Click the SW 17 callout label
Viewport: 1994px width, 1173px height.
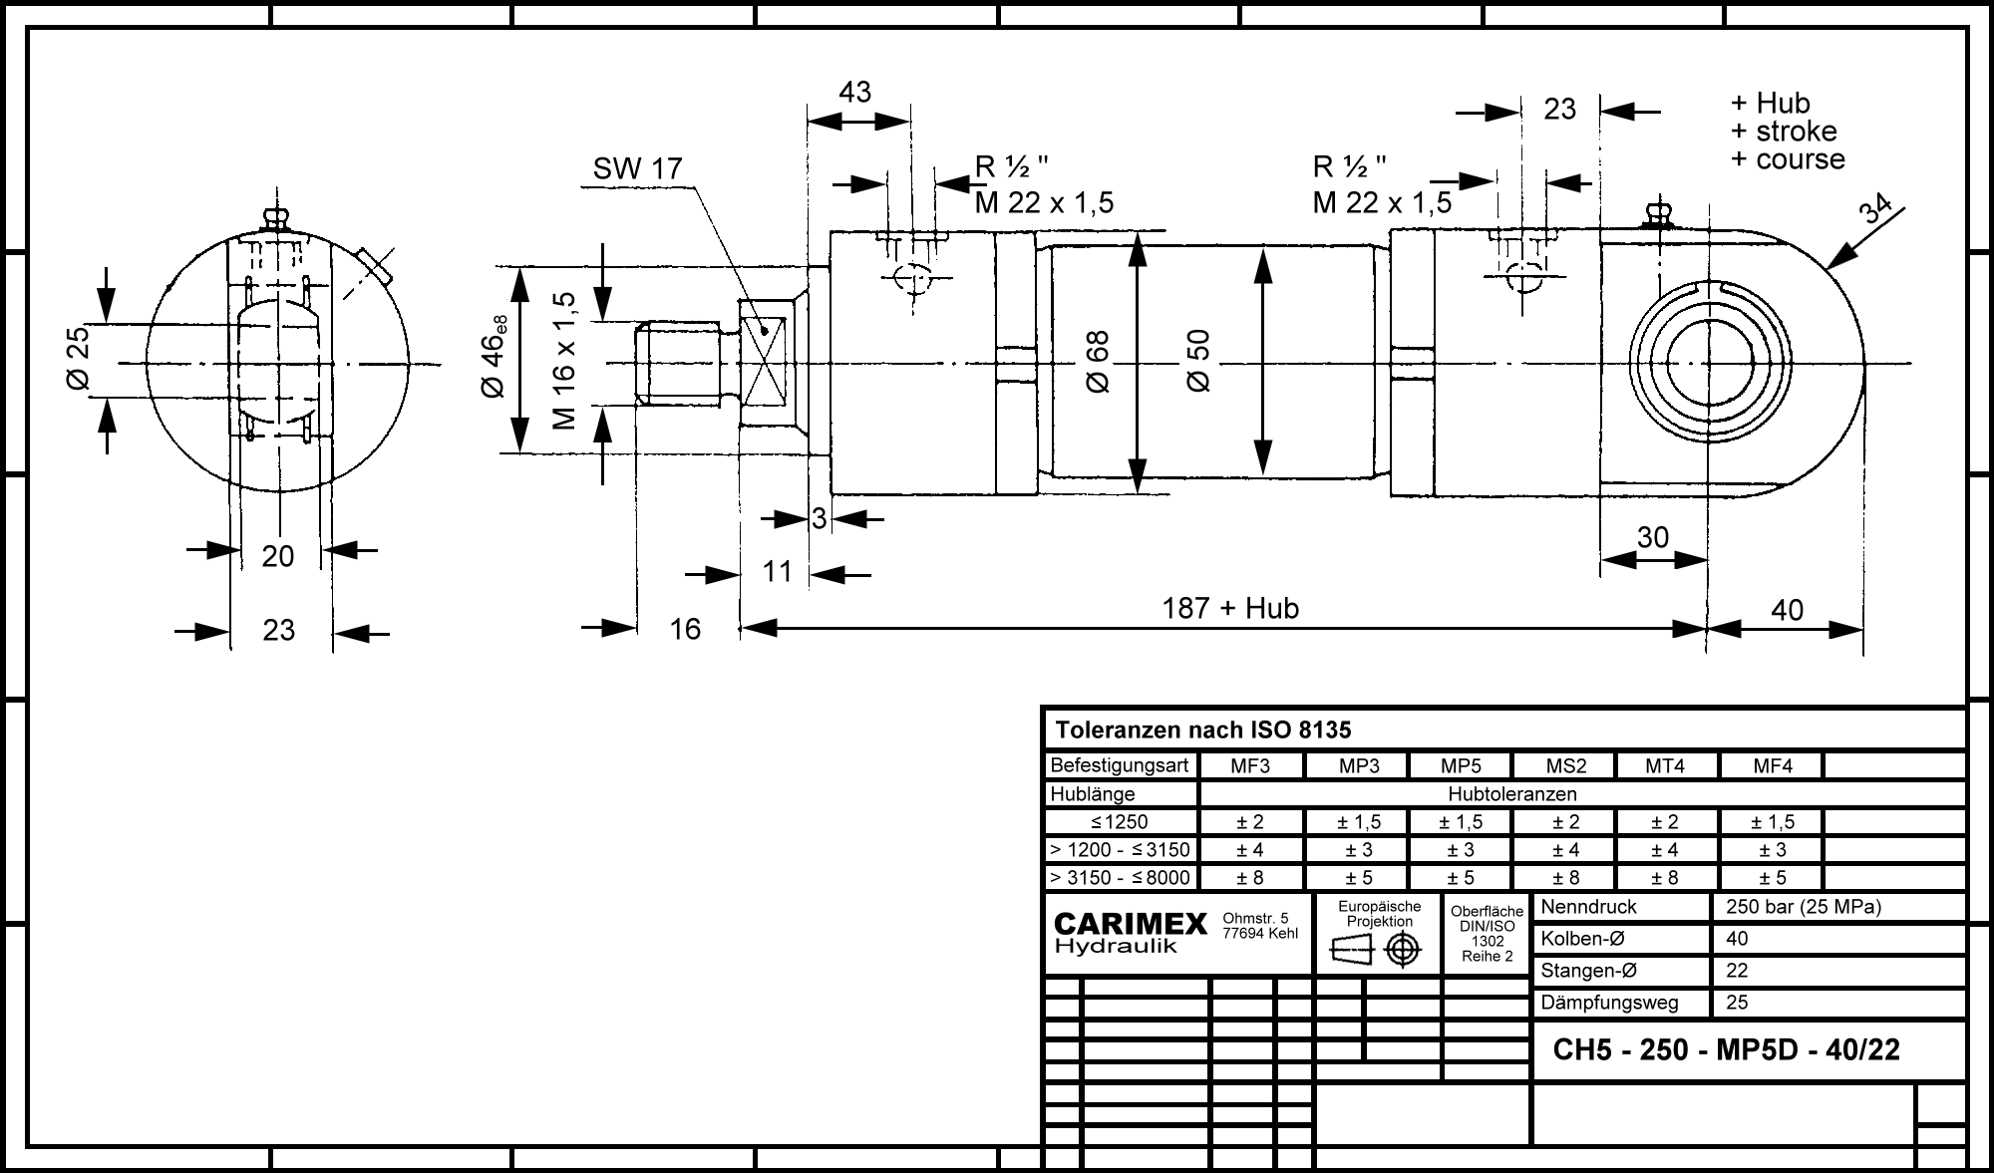point(637,169)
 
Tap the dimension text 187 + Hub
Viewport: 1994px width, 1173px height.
point(1230,608)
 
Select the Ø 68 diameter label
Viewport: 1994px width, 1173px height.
point(1097,362)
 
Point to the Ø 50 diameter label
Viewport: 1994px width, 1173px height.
point(1197,360)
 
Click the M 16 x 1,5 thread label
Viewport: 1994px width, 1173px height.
point(564,361)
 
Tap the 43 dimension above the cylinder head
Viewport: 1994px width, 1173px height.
point(855,92)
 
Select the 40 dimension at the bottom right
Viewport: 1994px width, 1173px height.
point(1787,610)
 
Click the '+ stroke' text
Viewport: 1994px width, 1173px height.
point(1784,132)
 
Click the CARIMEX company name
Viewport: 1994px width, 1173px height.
point(1131,925)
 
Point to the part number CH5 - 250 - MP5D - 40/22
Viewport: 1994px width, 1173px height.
point(1727,1049)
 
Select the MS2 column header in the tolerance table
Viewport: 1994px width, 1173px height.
point(1565,766)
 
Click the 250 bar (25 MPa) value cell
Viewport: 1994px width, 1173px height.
point(1798,907)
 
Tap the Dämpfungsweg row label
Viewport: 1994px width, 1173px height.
point(1609,1003)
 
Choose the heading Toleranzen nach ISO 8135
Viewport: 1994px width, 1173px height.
point(1203,731)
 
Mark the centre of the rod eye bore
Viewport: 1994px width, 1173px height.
point(1706,362)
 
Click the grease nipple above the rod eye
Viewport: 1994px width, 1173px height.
point(1657,214)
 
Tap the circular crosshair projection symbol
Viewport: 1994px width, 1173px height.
point(1403,950)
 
